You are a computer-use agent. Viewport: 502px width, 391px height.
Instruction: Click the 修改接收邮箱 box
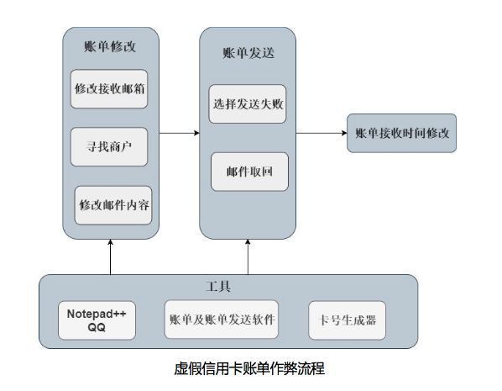(x=109, y=89)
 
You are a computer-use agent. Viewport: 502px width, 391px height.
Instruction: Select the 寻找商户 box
(x=109, y=147)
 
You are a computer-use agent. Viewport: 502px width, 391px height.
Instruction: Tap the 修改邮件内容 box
(x=113, y=205)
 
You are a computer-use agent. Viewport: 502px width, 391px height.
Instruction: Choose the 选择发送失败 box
(x=248, y=104)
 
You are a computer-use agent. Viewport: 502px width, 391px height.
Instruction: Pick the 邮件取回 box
(x=249, y=172)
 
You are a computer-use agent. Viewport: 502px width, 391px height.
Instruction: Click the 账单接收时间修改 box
(x=402, y=133)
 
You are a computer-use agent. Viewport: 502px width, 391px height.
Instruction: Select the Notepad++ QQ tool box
(x=97, y=320)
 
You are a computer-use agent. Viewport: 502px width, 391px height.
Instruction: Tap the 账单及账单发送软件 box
(x=222, y=320)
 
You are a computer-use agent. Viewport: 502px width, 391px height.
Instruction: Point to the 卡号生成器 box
(x=347, y=320)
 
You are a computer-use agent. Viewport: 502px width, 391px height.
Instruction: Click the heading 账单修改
(x=110, y=47)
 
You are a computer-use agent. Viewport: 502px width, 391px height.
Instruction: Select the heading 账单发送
(x=248, y=53)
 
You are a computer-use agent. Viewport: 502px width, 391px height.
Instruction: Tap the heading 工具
(x=218, y=287)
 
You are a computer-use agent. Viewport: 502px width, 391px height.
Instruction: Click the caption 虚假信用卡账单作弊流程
(x=249, y=368)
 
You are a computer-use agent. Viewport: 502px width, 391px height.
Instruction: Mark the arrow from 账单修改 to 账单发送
(x=180, y=133)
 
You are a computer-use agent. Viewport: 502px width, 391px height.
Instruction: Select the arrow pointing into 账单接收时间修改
(x=322, y=133)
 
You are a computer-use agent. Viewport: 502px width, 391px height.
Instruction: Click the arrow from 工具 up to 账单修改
(x=111, y=257)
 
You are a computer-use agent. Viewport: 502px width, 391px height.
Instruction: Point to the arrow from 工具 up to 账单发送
(x=248, y=257)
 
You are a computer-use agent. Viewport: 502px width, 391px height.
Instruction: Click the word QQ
(x=97, y=327)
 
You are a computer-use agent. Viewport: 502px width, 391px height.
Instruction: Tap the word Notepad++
(x=97, y=314)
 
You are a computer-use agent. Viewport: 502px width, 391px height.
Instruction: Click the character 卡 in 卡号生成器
(x=324, y=320)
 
